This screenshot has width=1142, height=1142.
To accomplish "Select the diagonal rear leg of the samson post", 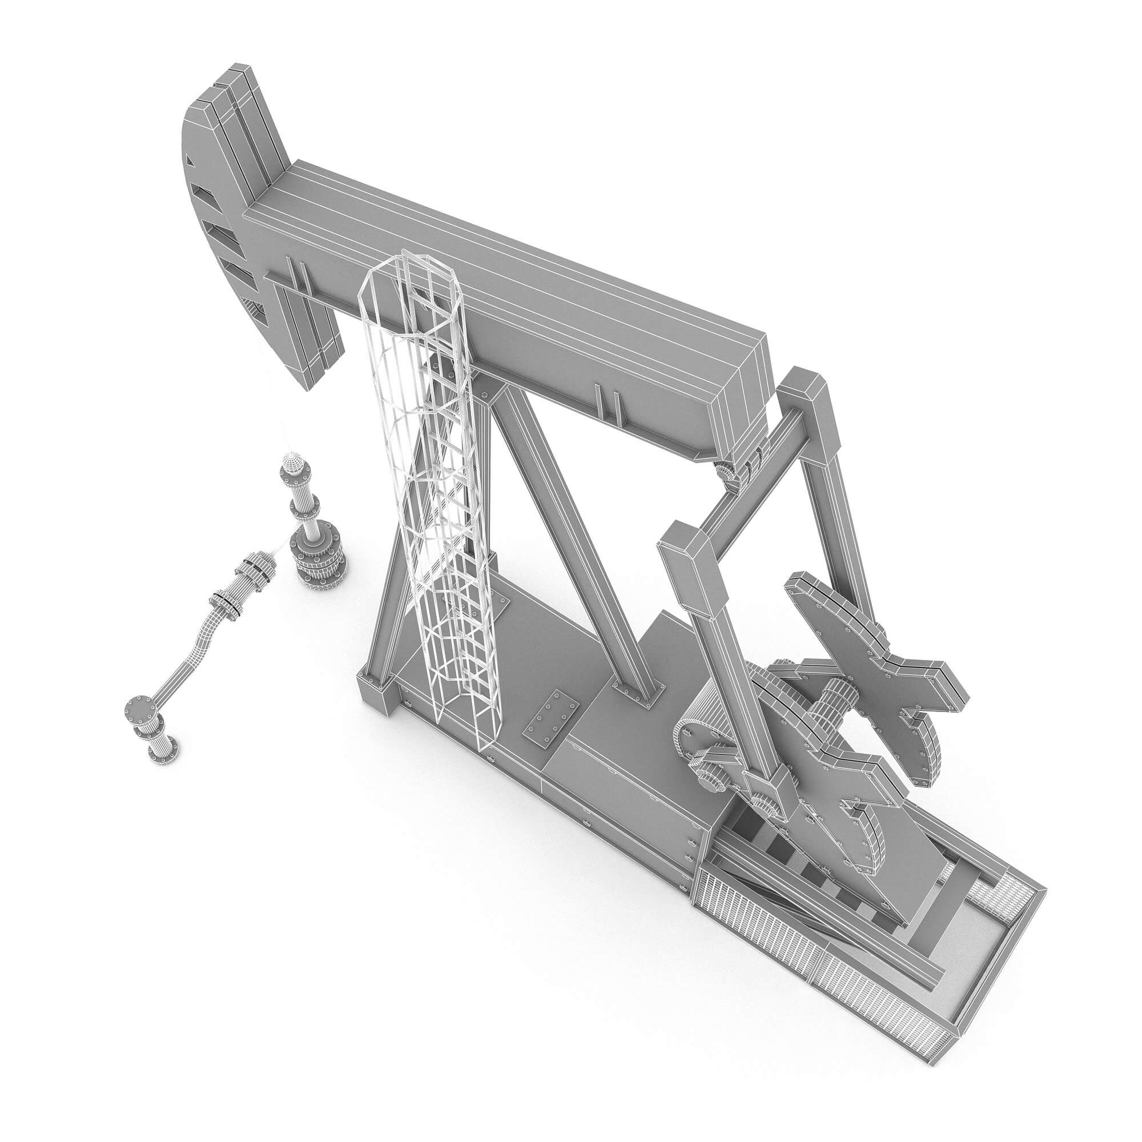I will [568, 532].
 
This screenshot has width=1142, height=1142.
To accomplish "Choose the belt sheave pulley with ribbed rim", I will [703, 733].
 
